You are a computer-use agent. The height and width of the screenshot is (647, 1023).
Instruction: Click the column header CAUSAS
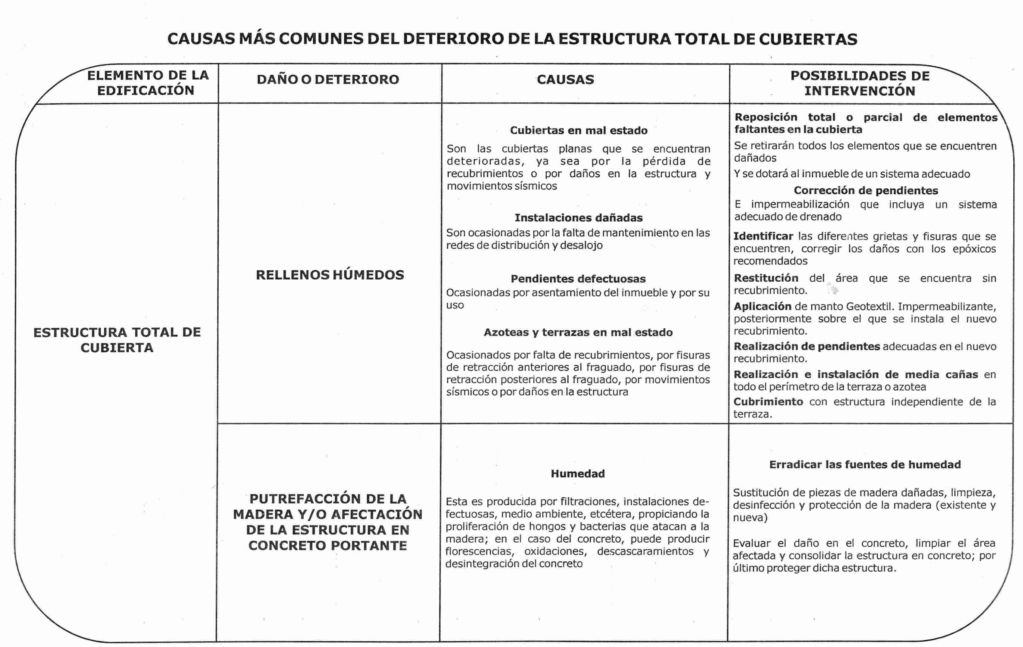click(x=565, y=79)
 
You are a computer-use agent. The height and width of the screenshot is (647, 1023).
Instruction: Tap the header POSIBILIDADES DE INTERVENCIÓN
click(x=860, y=83)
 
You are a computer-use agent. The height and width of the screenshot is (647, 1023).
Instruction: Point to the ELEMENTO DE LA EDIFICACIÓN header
click(x=147, y=83)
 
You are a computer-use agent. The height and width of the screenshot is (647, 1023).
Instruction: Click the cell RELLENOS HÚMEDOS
click(x=330, y=275)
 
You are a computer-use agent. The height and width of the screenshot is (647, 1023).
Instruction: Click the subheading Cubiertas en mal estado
click(x=579, y=131)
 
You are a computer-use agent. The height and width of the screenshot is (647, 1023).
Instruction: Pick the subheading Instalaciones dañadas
click(x=579, y=218)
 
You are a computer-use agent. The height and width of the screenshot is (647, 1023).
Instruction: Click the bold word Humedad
click(x=577, y=474)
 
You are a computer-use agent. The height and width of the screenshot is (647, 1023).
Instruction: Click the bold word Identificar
click(x=763, y=236)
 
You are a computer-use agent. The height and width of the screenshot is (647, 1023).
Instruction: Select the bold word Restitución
click(x=766, y=278)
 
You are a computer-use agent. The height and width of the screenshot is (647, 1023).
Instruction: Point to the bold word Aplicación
click(x=762, y=306)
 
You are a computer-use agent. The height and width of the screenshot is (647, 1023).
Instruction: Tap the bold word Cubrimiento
click(x=768, y=402)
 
